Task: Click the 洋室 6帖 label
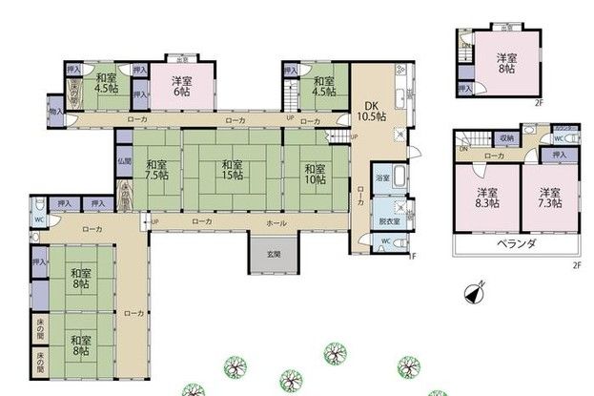[x=182, y=86]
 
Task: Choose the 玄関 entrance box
[x=273, y=253]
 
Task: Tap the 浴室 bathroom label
[x=381, y=178]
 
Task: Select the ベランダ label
[x=516, y=244]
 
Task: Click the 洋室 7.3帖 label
[x=548, y=197]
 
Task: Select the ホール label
[x=277, y=221]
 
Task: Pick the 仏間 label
[x=125, y=161]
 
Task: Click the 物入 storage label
[x=54, y=112]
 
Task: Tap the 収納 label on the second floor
[x=505, y=138]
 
